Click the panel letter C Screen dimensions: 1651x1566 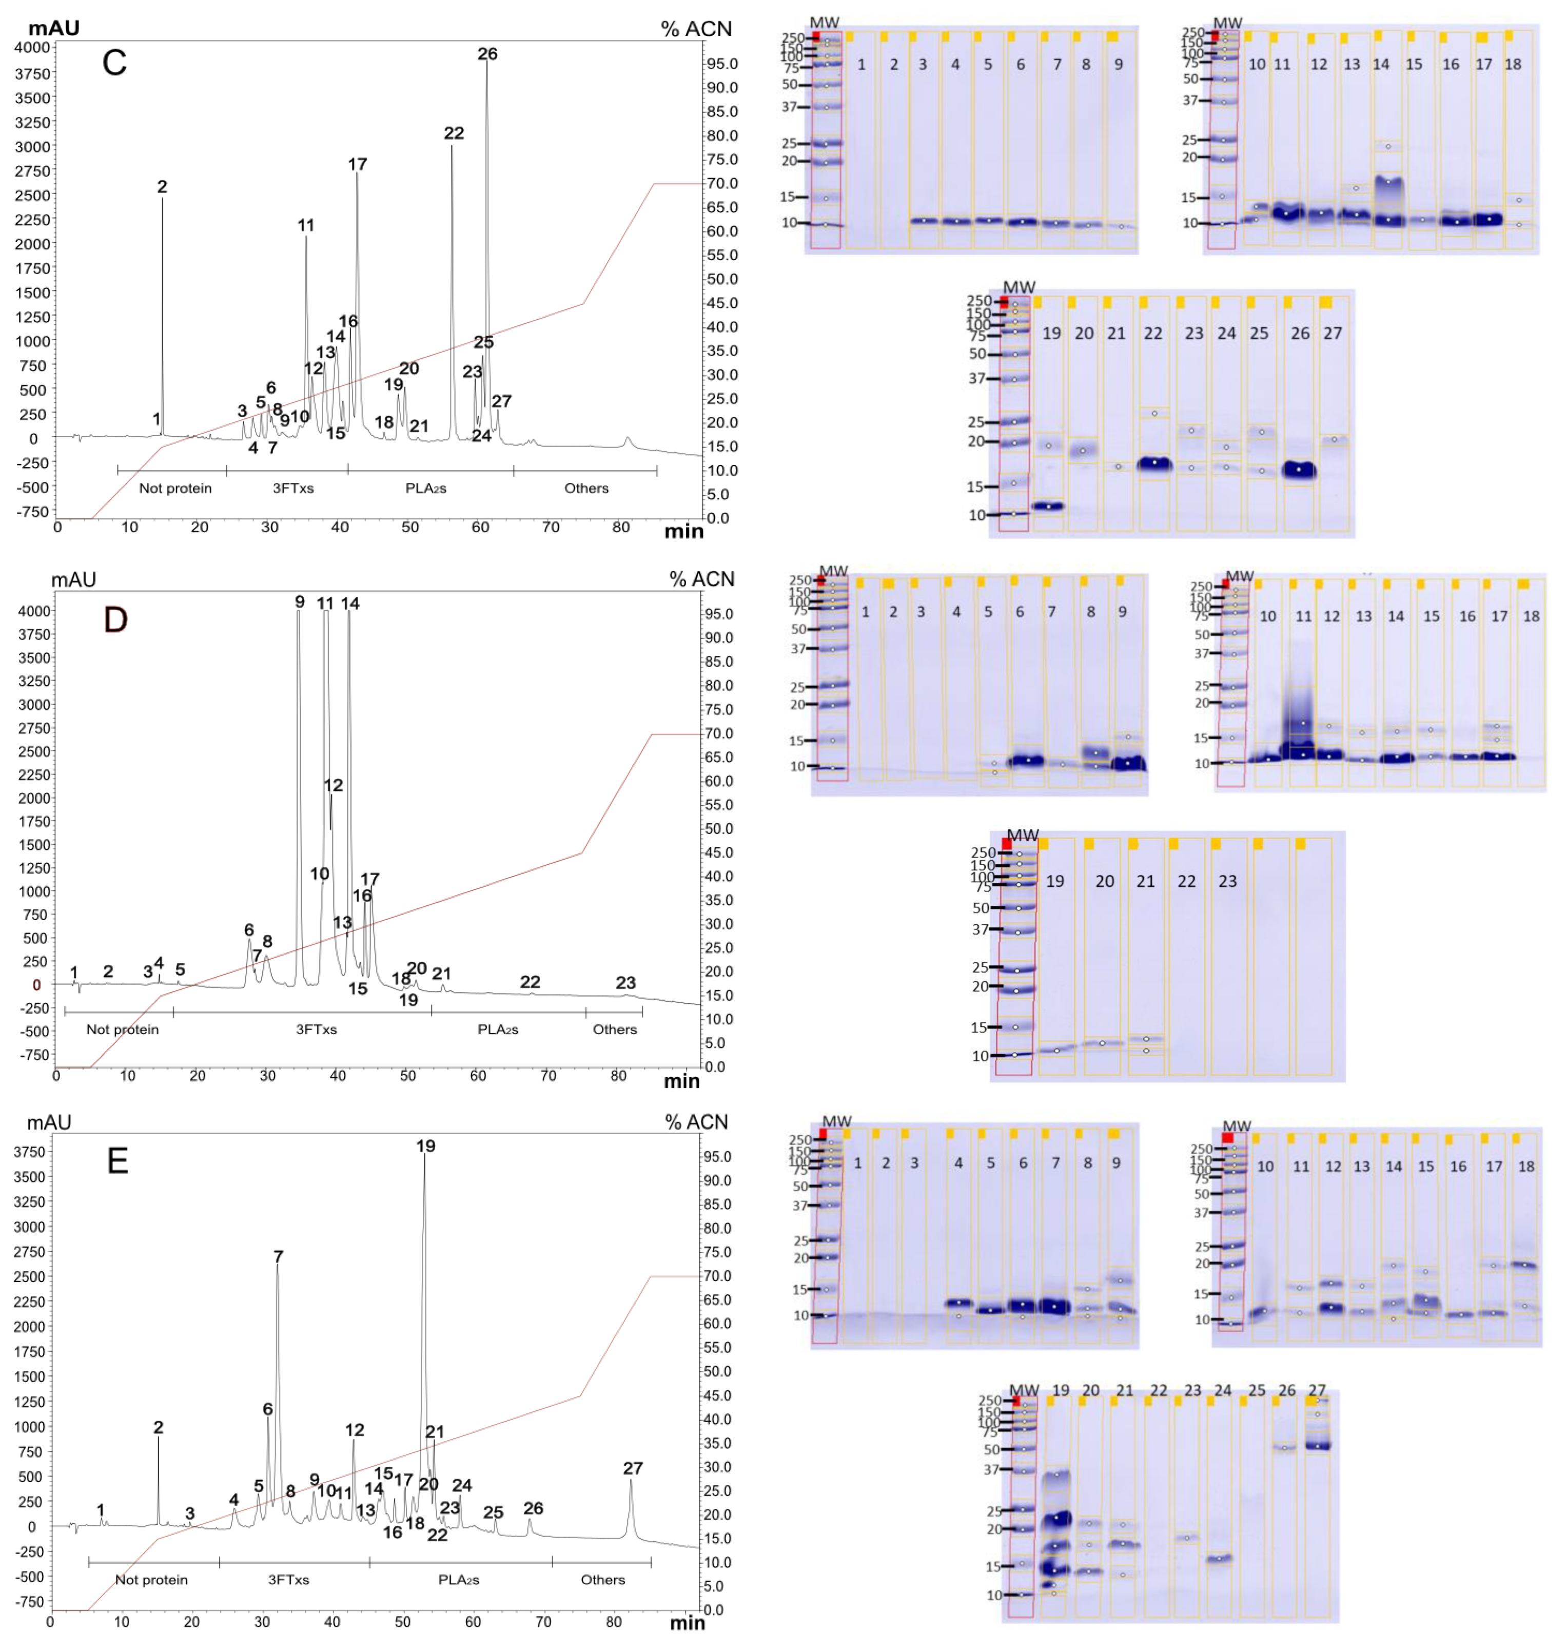pyautogui.click(x=114, y=63)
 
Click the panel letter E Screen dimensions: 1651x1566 pyautogui.click(x=118, y=1161)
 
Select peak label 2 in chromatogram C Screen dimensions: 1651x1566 pyautogui.click(x=162, y=187)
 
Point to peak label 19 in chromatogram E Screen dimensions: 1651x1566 pyautogui.click(x=426, y=1146)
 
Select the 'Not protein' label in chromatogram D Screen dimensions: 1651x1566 pyautogui.click(x=123, y=1030)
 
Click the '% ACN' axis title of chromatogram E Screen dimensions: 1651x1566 pyautogui.click(x=696, y=1122)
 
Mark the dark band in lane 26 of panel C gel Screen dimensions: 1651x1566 pyautogui.click(x=1299, y=470)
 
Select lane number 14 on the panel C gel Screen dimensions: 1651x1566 pyautogui.click(x=1381, y=64)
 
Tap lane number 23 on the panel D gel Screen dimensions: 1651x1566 pyautogui.click(x=1227, y=881)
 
